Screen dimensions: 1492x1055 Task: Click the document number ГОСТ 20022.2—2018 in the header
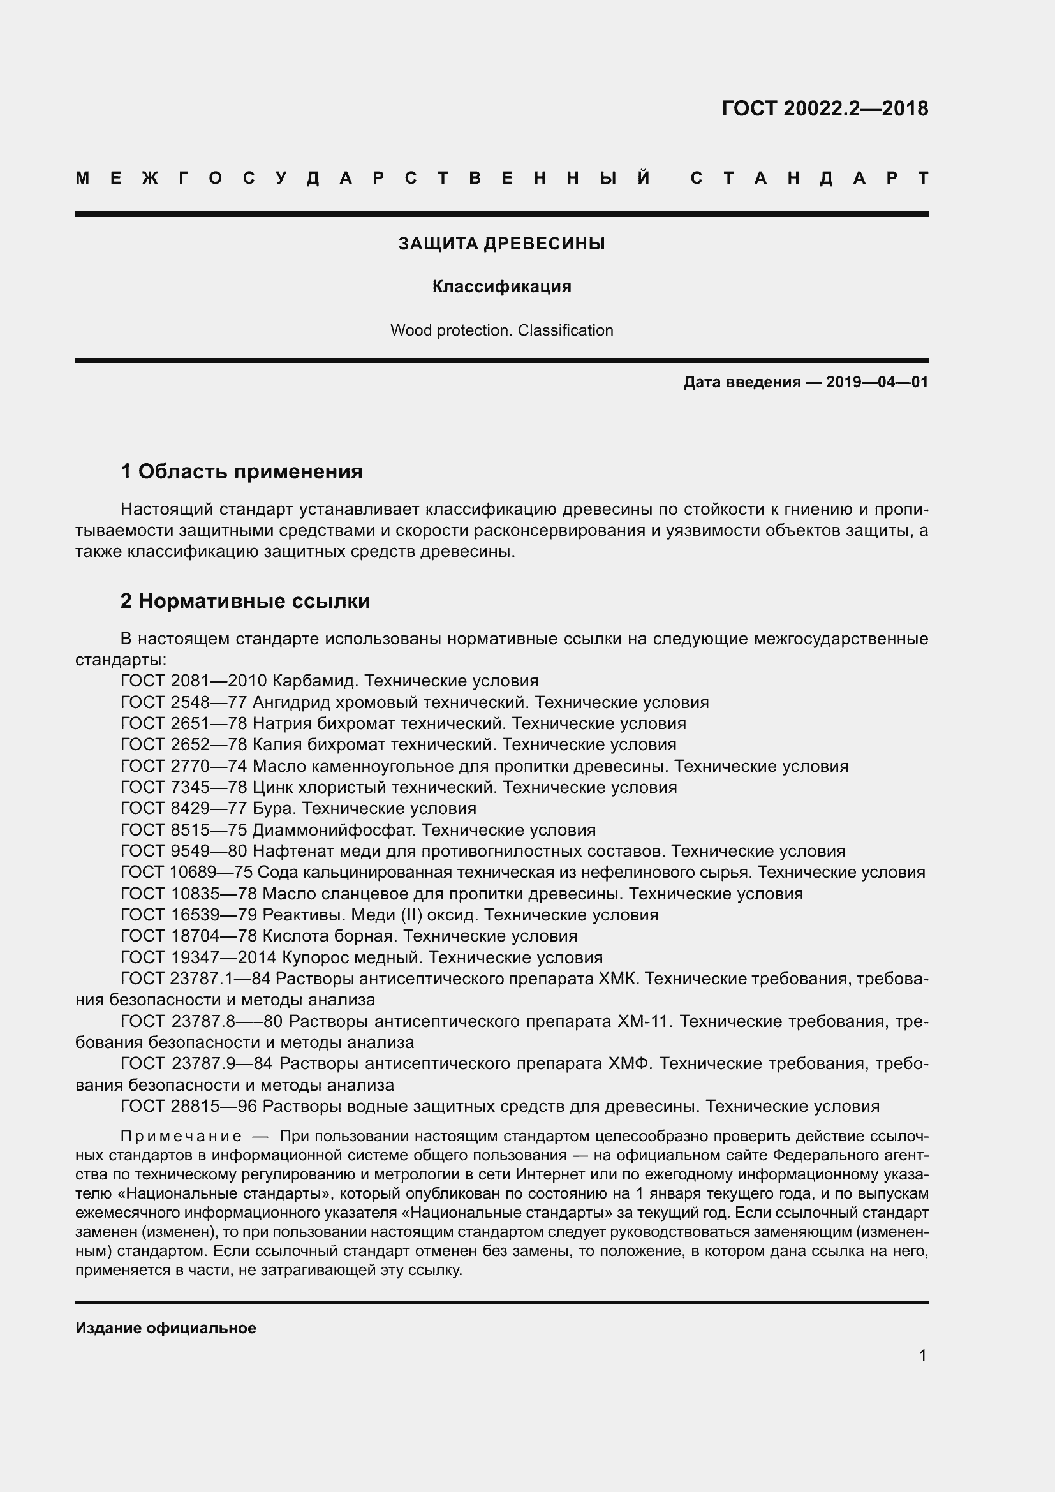pos(824,108)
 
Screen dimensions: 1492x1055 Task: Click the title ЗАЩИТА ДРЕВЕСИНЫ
pos(501,244)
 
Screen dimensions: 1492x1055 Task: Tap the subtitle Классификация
pos(501,286)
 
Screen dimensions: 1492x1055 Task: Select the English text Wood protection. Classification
pos(501,330)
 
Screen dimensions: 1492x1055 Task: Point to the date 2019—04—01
pos(876,382)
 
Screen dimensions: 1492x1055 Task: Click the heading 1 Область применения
pos(242,471)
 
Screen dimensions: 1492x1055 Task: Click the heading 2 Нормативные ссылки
pos(245,601)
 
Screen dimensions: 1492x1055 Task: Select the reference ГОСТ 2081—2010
pos(194,681)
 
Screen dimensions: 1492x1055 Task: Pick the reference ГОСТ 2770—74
pos(184,766)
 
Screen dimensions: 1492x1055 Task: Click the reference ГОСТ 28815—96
pos(188,1106)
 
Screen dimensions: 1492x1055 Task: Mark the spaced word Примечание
pos(181,1136)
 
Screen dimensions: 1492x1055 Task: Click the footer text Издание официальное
pos(166,1327)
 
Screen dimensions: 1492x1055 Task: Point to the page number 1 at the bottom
pos(922,1355)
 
